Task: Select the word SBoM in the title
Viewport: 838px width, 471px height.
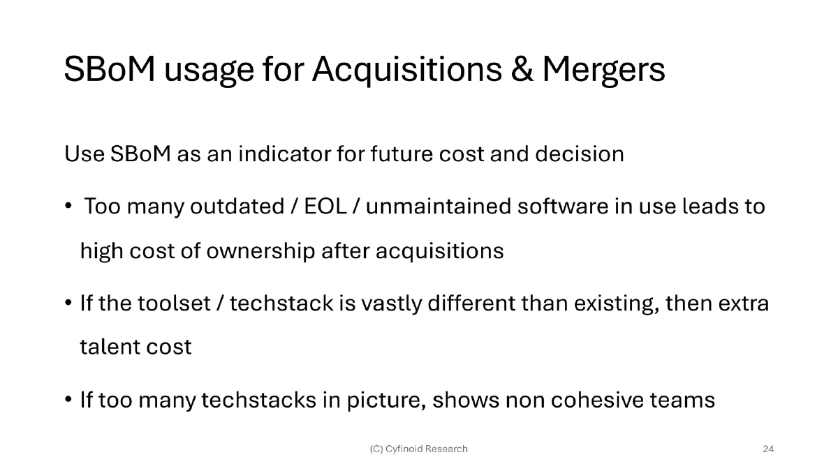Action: click(x=110, y=69)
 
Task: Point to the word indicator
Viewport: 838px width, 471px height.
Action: click(x=284, y=154)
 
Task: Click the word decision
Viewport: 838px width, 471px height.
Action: click(x=580, y=154)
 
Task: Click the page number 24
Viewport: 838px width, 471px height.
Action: click(x=768, y=449)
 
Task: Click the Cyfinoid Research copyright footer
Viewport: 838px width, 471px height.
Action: click(x=418, y=449)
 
